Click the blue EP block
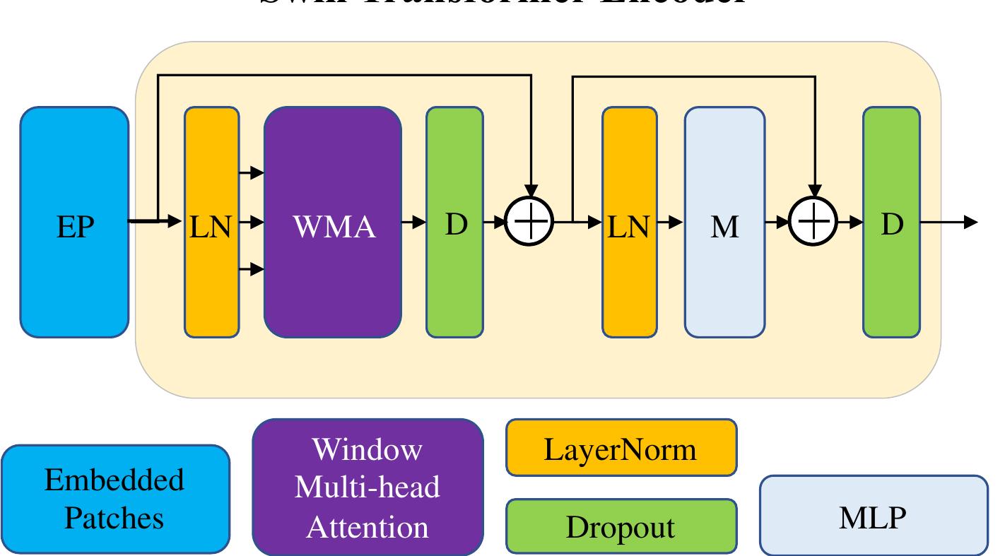74,223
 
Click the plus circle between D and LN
530,222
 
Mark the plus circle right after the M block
814,222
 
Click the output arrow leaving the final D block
951,223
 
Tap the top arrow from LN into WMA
252,172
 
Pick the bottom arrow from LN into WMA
252,269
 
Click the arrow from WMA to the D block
414,223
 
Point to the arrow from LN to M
671,223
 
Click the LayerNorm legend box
621,448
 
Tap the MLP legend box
874,516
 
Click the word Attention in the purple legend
368,527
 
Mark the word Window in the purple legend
368,449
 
